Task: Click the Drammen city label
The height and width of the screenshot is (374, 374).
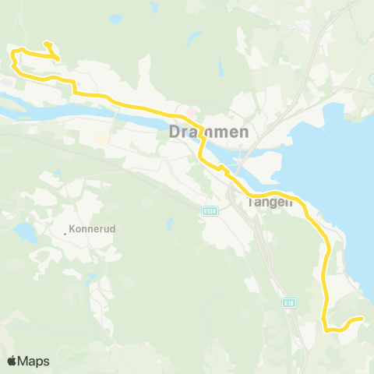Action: (x=209, y=132)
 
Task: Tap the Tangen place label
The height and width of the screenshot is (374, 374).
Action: (x=269, y=202)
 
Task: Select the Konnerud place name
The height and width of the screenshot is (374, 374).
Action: (x=93, y=230)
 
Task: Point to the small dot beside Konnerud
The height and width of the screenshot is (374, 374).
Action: (x=65, y=231)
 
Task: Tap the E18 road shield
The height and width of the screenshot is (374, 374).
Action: (x=290, y=303)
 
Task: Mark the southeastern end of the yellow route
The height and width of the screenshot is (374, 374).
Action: (x=362, y=318)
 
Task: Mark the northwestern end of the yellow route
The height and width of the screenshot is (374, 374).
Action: (x=47, y=43)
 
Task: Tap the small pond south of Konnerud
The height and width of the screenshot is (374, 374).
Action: (x=92, y=277)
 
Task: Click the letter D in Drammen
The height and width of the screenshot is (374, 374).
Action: (x=175, y=132)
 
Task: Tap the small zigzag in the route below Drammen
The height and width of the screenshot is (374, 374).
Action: (x=221, y=168)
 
